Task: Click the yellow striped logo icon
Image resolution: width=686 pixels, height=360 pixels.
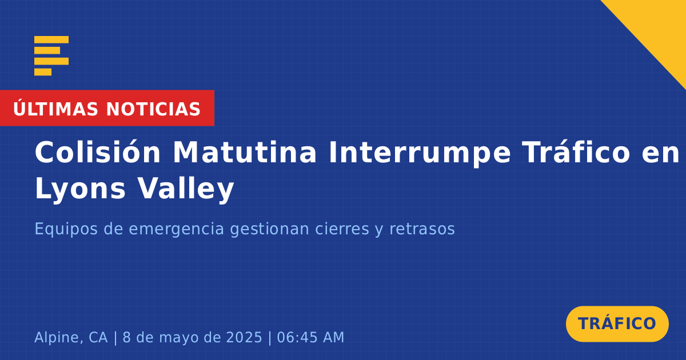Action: click(51, 56)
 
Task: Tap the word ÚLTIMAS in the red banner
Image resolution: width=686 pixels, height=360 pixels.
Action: click(55, 109)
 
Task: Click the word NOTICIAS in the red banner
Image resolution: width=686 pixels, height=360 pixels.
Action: click(153, 109)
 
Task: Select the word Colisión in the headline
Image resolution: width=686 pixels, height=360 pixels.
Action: click(97, 152)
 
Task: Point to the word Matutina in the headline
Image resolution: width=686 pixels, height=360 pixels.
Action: click(245, 152)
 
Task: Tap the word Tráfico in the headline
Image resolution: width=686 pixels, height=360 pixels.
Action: click(576, 152)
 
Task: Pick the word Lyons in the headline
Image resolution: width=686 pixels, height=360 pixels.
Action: click(80, 190)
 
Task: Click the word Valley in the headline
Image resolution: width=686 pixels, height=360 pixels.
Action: click(186, 189)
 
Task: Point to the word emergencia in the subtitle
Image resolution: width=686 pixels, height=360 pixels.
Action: click(177, 229)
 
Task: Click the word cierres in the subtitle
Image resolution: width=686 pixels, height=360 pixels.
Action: click(342, 229)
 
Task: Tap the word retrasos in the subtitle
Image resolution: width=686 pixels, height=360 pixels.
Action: click(422, 229)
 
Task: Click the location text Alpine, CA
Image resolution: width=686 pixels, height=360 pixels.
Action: click(71, 338)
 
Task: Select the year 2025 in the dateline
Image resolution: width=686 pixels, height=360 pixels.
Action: click(244, 337)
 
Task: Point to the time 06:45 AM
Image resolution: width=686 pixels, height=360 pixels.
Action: click(310, 337)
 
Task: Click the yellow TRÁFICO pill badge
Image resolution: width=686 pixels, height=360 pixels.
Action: click(617, 324)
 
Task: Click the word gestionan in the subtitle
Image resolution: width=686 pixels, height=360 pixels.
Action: click(269, 229)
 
